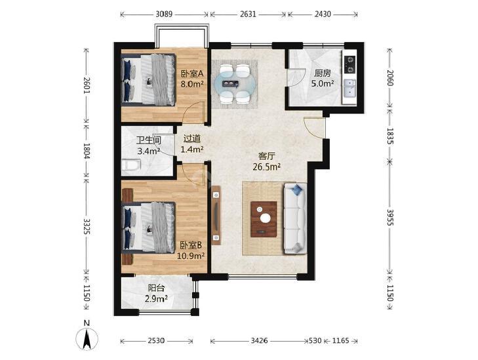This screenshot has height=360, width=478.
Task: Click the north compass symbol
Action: pyautogui.click(x=87, y=338)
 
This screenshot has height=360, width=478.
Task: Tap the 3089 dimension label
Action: pyautogui.click(x=164, y=14)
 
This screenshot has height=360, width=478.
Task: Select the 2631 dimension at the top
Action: pyautogui.click(x=248, y=14)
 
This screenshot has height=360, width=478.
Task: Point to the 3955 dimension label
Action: pyautogui.click(x=390, y=217)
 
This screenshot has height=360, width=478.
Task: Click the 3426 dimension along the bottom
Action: pyautogui.click(x=260, y=340)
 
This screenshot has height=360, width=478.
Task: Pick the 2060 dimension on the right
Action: pyautogui.click(x=390, y=78)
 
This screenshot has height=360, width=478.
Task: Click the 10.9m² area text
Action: pyautogui.click(x=191, y=256)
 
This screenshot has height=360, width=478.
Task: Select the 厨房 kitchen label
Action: pyautogui.click(x=323, y=73)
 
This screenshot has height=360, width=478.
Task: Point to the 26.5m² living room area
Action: pyautogui.click(x=266, y=167)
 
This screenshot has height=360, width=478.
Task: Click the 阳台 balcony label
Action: pyautogui.click(x=157, y=288)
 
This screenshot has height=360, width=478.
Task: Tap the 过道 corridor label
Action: pyautogui.click(x=192, y=139)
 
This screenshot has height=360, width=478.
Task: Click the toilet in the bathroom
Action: pyautogui.click(x=131, y=165)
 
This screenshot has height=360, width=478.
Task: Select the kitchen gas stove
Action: pyautogui.click(x=349, y=64)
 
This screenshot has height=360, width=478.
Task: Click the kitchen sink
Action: pyautogui.click(x=349, y=88)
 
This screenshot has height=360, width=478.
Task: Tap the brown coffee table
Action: pyautogui.click(x=264, y=219)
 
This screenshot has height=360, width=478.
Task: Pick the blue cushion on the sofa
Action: pyautogui.click(x=296, y=190)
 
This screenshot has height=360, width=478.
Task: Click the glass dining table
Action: pyautogui.click(x=234, y=83)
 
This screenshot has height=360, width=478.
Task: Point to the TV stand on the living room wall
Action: pyautogui.click(x=216, y=216)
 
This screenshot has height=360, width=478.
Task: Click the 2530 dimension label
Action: pyautogui.click(x=157, y=340)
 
